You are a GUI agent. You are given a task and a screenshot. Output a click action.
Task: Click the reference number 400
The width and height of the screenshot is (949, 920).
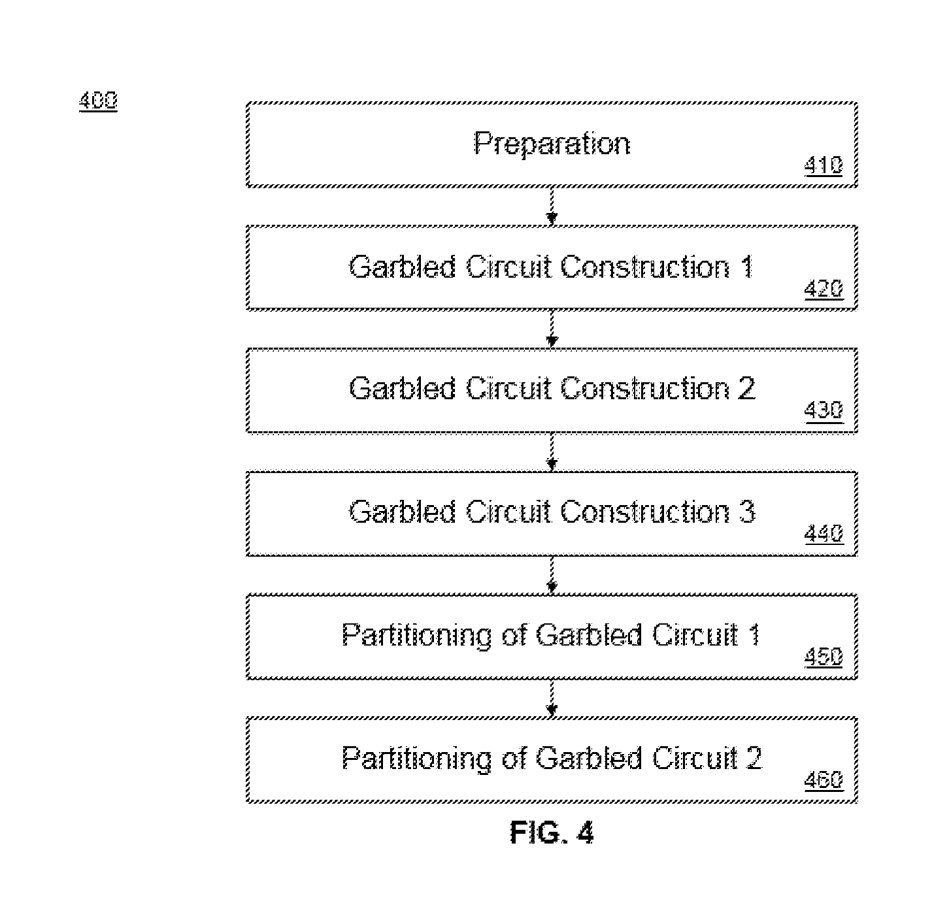98,100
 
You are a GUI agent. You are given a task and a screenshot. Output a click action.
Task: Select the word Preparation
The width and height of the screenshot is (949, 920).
552,144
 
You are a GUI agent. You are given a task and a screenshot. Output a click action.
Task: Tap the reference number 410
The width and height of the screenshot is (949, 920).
823,165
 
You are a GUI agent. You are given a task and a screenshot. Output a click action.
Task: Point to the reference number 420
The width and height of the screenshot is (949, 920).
823,289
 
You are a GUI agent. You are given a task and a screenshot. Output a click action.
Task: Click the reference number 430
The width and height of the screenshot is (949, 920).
823,410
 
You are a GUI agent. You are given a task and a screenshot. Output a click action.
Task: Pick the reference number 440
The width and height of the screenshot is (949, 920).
823,533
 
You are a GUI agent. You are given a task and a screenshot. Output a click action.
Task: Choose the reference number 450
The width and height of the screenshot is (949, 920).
823,657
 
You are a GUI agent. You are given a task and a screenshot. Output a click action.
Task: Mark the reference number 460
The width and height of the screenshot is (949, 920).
823,780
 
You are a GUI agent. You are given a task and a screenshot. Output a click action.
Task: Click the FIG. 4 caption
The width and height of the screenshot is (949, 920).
552,832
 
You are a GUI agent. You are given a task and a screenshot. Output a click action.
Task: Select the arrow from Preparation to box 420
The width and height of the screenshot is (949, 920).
552,206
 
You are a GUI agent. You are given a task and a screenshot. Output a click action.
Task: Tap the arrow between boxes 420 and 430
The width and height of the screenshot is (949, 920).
552,329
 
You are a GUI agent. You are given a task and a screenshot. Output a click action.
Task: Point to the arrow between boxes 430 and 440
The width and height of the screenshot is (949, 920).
552,452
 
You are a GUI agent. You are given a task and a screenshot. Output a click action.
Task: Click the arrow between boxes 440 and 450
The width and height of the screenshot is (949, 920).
552,575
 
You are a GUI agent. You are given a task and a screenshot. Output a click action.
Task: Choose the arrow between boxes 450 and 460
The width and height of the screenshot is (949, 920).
552,698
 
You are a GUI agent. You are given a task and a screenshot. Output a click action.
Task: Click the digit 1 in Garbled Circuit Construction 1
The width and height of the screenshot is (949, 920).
746,267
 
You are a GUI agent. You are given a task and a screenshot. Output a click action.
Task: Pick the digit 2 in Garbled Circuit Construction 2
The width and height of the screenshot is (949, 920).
746,389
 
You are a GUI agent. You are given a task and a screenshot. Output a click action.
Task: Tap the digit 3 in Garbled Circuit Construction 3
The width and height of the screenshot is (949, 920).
746,512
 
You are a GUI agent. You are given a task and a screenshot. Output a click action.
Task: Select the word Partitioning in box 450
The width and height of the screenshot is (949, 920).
416,636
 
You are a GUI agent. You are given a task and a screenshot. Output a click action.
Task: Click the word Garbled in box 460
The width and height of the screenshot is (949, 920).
589,759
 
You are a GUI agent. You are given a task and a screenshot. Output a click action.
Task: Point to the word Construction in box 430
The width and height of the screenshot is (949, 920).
644,389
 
